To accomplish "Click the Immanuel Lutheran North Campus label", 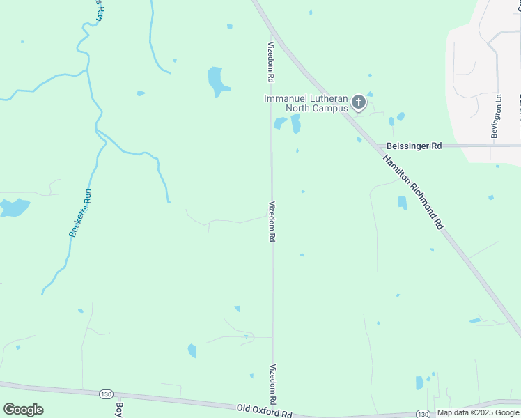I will (x=306, y=103).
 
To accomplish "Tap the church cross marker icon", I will (x=358, y=103).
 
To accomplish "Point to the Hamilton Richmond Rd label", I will (x=412, y=192).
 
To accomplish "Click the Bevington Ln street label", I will (x=496, y=117).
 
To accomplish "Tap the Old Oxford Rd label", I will (x=264, y=412).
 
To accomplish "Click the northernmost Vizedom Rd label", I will (x=271, y=60).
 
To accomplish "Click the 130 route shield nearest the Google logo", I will (x=105, y=394).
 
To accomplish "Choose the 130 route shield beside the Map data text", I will (x=422, y=414).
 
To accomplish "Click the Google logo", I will (x=23, y=410).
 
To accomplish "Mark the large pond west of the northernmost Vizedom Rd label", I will (x=217, y=82).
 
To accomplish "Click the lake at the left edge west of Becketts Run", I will (x=14, y=208).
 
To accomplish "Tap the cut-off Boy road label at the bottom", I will (x=119, y=410).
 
